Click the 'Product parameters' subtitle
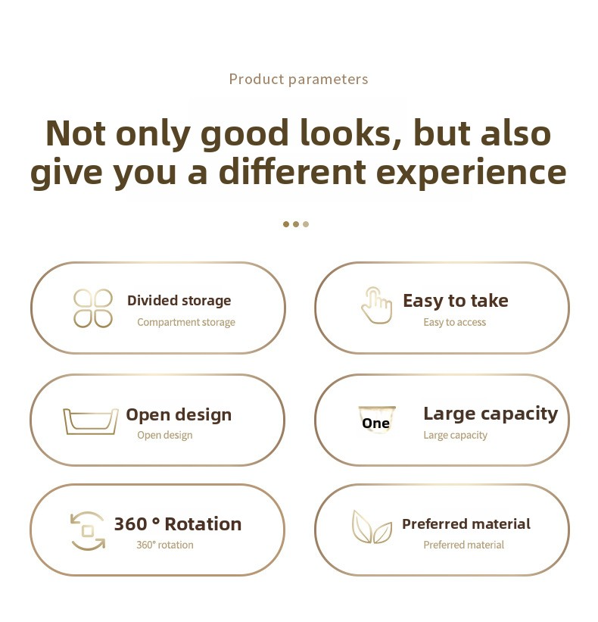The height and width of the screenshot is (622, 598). point(299,80)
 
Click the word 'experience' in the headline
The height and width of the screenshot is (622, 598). point(471,173)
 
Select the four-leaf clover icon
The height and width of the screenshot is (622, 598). point(93,308)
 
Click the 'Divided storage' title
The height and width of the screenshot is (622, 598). point(179,300)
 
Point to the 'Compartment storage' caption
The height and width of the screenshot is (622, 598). point(186,322)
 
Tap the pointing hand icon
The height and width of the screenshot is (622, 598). point(376,305)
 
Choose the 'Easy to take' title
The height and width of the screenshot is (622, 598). point(456,300)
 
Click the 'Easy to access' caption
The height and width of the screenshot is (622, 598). point(454,322)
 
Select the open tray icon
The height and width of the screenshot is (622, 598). point(91,421)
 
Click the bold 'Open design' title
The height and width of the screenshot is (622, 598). point(179,415)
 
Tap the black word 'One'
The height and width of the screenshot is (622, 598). point(375,424)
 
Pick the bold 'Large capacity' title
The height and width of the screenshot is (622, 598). point(491,414)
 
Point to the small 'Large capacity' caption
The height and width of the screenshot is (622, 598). point(456,435)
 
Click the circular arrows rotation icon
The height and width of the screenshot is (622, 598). point(88,531)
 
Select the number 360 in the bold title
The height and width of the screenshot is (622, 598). point(130,524)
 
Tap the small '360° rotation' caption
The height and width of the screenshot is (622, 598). point(165,545)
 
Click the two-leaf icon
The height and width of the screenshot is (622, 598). point(372,527)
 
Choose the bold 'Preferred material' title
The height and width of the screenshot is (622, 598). point(466,524)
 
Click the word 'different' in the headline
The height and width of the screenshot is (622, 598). point(292,171)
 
